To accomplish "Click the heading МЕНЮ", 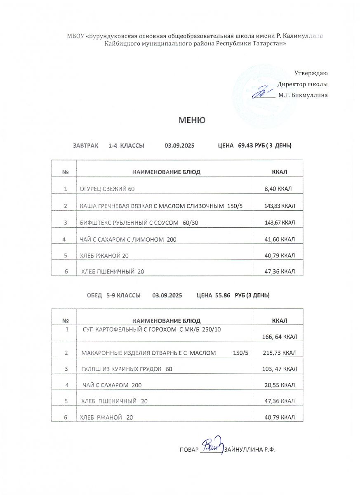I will coord(192,120).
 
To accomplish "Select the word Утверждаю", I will coord(311,73).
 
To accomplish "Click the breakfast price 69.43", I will coord(246,146).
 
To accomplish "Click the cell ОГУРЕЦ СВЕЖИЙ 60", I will coord(108,189).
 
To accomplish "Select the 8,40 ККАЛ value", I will coord(278,189).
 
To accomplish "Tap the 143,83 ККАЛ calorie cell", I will coord(280,206).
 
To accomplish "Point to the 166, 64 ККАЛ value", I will coord(280,337).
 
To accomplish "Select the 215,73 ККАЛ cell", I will coord(280,353).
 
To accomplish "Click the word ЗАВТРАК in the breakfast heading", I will coord(86,146).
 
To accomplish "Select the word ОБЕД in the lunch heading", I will coord(94,295).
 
